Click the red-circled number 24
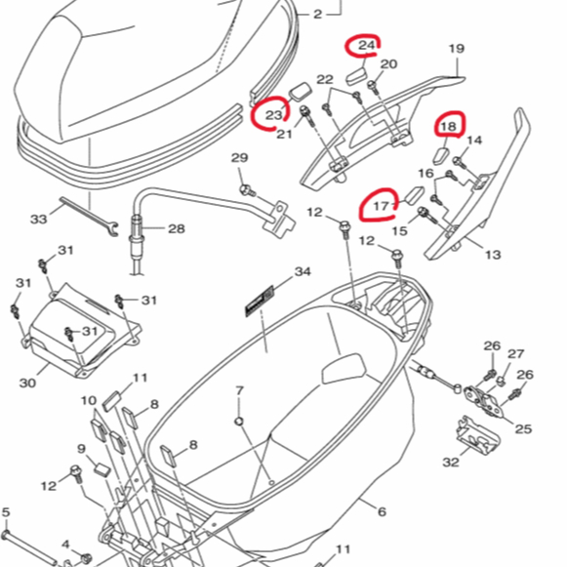coord(367,45)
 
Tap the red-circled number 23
coord(273,115)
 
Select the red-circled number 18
coord(448,126)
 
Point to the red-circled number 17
coord(382,206)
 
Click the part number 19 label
coord(457,49)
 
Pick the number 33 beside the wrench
coord(39,219)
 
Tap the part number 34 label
coord(303,271)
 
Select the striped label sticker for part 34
coord(260,301)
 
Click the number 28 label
coord(177,228)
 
